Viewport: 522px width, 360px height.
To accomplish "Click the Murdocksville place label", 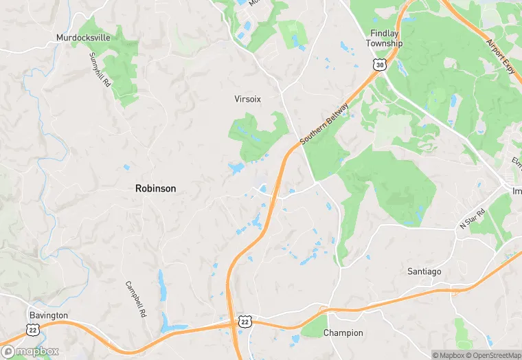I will (x=83, y=37).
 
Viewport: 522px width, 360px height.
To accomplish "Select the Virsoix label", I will (x=248, y=99).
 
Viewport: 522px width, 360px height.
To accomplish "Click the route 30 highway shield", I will (x=379, y=64).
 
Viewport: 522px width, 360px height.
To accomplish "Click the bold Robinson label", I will (x=155, y=188).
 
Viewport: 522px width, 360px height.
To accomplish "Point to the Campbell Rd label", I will (x=133, y=293).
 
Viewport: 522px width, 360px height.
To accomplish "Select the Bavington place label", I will (x=48, y=315).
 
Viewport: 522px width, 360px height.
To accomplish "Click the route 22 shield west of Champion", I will (x=245, y=321).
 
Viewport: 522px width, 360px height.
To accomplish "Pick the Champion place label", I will (x=343, y=333).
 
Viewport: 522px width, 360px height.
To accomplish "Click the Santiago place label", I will (x=424, y=271).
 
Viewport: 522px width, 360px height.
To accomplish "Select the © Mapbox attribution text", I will (x=448, y=355).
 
